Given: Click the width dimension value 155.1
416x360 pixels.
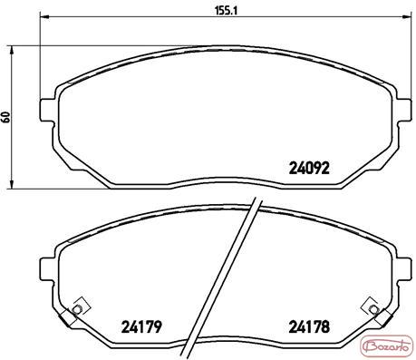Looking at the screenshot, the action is [227, 10].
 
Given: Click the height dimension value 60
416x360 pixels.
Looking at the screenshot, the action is [5, 117].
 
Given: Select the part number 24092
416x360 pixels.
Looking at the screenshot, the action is [309, 168].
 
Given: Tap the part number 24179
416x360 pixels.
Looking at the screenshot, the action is [141, 326].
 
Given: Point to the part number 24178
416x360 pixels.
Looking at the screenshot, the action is [309, 326].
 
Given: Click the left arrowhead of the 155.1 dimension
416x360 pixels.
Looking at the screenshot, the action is [44, 16].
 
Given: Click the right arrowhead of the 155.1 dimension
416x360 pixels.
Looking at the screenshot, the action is [407, 16].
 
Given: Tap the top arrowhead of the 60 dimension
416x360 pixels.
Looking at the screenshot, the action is [12, 51].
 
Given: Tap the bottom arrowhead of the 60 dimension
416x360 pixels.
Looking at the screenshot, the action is [12, 184].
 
